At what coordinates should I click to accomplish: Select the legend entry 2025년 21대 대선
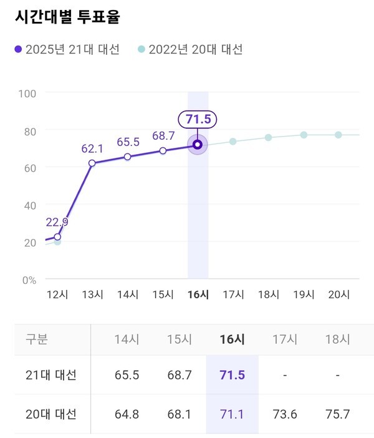tap(67, 49)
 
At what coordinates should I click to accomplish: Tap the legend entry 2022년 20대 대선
tap(190, 49)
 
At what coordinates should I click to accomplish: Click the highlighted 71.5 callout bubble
tap(198, 119)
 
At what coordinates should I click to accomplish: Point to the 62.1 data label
tap(92, 149)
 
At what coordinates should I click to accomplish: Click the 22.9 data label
tap(57, 223)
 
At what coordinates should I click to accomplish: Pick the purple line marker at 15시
tap(163, 150)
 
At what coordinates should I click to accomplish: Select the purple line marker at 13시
tap(92, 163)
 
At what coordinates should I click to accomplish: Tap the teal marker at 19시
tap(304, 135)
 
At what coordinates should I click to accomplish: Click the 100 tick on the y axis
tap(28, 93)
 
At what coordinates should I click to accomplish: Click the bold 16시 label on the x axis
tap(198, 294)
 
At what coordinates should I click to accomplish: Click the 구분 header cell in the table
tap(37, 340)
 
